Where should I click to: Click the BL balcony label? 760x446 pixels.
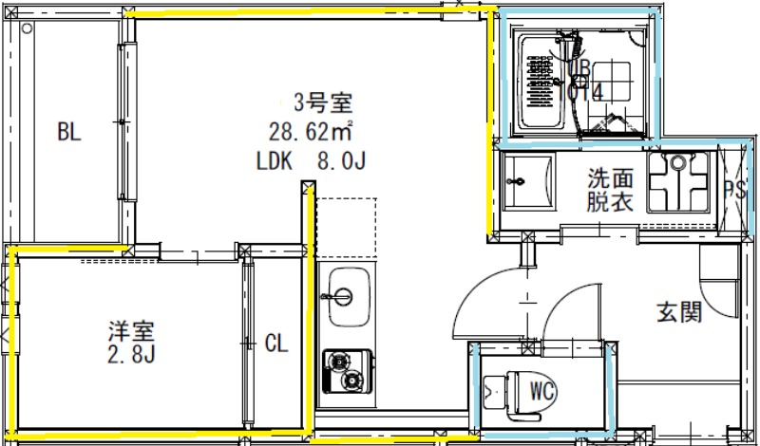click(x=68, y=132)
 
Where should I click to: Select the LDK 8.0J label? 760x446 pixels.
click(x=312, y=160)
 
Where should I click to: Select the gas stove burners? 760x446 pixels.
click(x=344, y=371)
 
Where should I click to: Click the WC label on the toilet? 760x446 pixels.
click(x=542, y=388)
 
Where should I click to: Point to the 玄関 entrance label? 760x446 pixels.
click(x=679, y=311)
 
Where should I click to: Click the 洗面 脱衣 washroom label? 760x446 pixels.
click(x=610, y=189)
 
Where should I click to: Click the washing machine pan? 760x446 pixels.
click(x=678, y=182)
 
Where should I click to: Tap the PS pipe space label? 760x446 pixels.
click(x=733, y=189)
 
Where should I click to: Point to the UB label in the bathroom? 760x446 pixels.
click(x=579, y=68)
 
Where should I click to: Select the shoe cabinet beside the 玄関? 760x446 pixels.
click(x=719, y=285)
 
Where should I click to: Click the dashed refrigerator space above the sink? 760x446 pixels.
click(x=346, y=228)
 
